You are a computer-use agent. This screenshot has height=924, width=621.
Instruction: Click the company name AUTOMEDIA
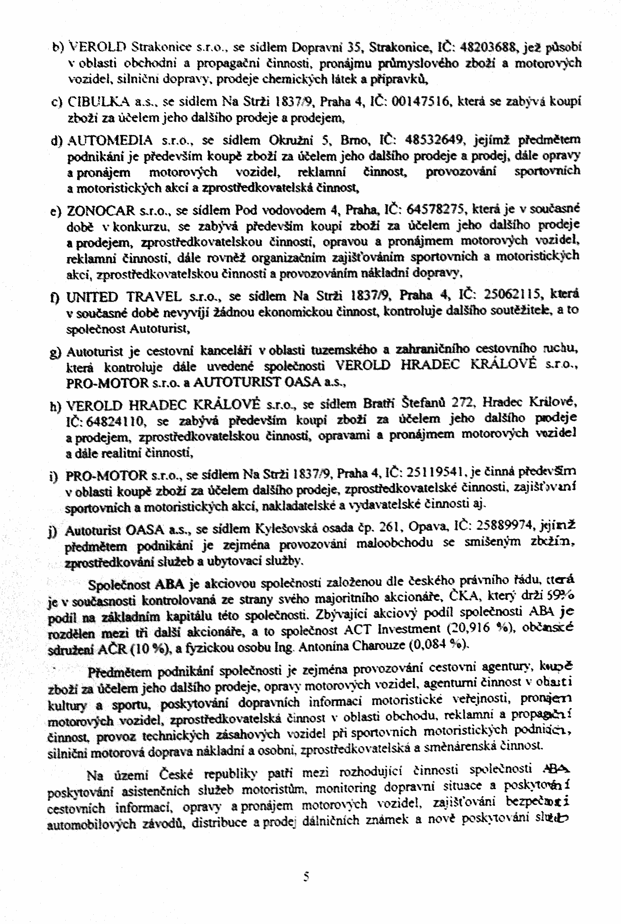tap(109, 141)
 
